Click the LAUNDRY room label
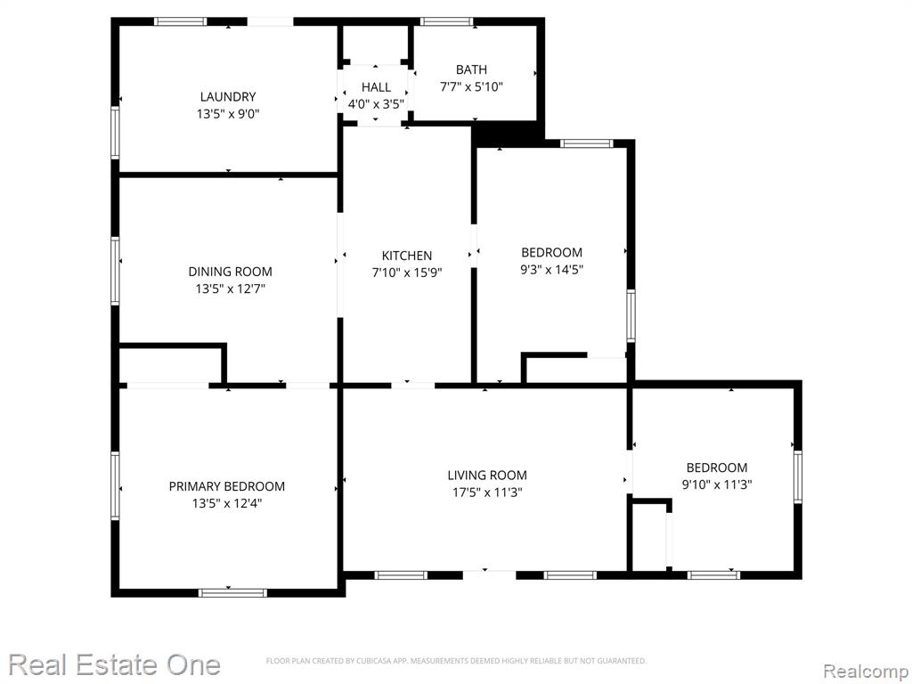pyautogui.click(x=228, y=96)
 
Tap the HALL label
pyautogui.click(x=376, y=87)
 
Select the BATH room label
pyautogui.click(x=471, y=69)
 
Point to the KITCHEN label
pyautogui.click(x=406, y=256)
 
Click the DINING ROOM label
pyautogui.click(x=231, y=271)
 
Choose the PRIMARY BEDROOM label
pyautogui.click(x=227, y=486)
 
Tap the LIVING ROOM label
pyautogui.click(x=487, y=476)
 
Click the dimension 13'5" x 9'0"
pyautogui.click(x=228, y=114)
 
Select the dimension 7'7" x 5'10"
pyautogui.click(x=471, y=87)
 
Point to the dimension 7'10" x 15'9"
pyautogui.click(x=406, y=273)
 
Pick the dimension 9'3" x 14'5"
pyautogui.click(x=551, y=269)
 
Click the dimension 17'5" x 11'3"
pyautogui.click(x=487, y=493)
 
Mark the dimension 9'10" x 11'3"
pyautogui.click(x=717, y=484)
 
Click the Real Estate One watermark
pyautogui.click(x=115, y=664)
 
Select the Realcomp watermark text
pyautogui.click(x=866, y=671)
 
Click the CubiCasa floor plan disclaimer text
pyautogui.click(x=456, y=661)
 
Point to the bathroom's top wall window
pyautogui.click(x=447, y=22)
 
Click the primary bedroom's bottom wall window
pyautogui.click(x=232, y=592)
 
